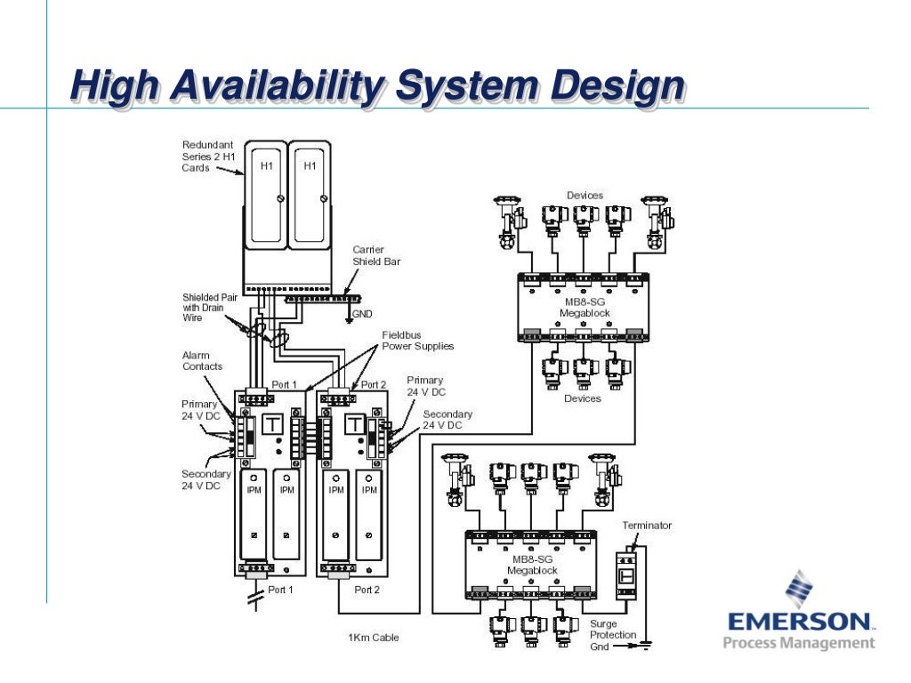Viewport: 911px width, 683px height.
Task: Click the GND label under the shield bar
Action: [x=362, y=314]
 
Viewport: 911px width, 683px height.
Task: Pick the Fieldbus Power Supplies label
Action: [x=417, y=340]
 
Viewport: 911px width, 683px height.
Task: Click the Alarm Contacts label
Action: [x=202, y=360]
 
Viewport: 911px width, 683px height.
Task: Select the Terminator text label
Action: [x=648, y=526]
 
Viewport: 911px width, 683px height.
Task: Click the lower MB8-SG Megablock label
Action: [x=531, y=565]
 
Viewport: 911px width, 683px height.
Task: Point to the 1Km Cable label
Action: [x=373, y=637]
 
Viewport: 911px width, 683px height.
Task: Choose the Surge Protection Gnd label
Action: [x=612, y=635]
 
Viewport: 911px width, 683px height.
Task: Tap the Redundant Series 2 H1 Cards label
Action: [x=208, y=156]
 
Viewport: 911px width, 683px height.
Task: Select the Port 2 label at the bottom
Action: [x=367, y=590]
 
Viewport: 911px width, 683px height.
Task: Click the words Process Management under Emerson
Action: [x=799, y=643]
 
